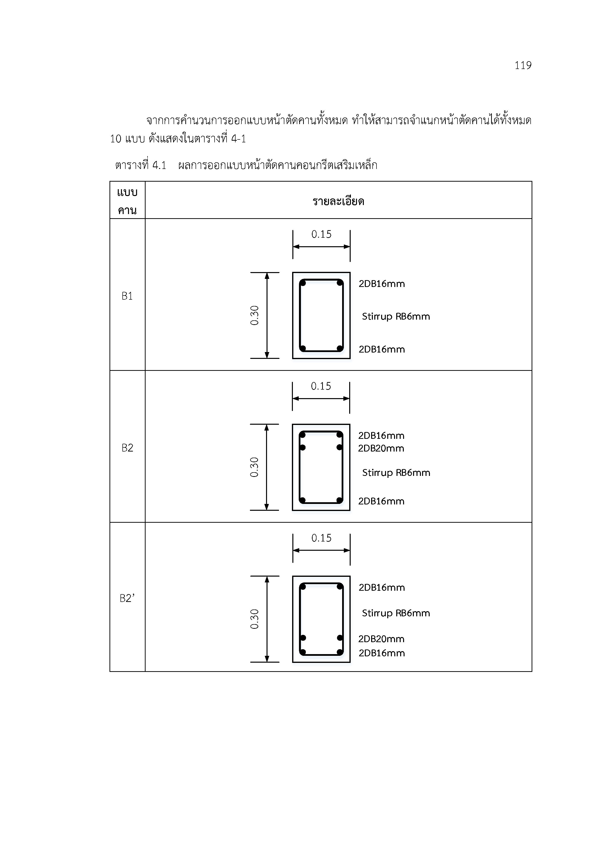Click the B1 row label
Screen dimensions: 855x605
coord(127,296)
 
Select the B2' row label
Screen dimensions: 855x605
coord(127,598)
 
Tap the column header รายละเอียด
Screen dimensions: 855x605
coord(338,201)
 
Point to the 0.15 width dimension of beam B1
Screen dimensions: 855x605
coord(321,234)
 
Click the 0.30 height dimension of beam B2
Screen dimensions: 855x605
coord(254,467)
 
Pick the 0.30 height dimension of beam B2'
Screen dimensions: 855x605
coord(254,619)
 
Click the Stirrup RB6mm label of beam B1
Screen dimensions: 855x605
coord(396,316)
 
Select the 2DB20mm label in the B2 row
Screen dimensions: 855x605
coord(381,448)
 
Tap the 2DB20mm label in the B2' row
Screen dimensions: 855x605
coord(381,639)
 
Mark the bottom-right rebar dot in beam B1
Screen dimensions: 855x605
coord(339,348)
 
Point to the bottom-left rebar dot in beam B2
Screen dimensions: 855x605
coord(302,500)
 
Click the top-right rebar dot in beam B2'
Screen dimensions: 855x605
coord(339,587)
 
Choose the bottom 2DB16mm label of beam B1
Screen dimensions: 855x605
coord(381,349)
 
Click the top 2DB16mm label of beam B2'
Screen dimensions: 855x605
coord(381,588)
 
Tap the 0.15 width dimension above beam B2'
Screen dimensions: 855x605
coord(321,538)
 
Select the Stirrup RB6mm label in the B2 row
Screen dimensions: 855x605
coord(396,473)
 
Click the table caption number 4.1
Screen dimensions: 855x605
coord(159,165)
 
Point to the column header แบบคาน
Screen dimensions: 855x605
coord(127,201)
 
